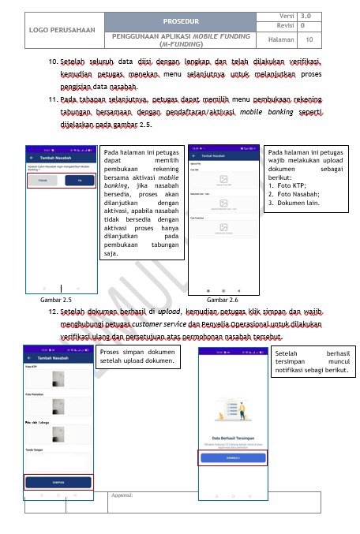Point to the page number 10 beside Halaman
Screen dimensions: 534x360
[x=309, y=39]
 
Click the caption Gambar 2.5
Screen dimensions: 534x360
[x=55, y=301]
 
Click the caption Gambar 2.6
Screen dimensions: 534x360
[x=222, y=301]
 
